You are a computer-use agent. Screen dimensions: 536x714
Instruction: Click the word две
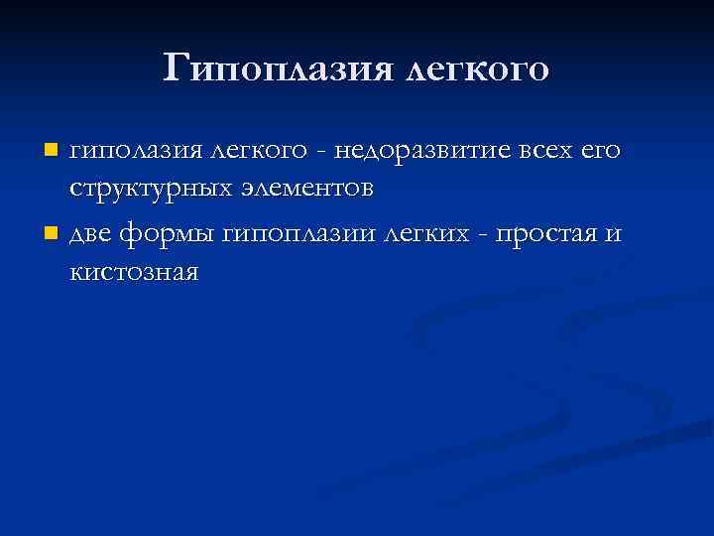point(92,236)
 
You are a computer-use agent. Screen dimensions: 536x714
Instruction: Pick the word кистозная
point(135,272)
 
